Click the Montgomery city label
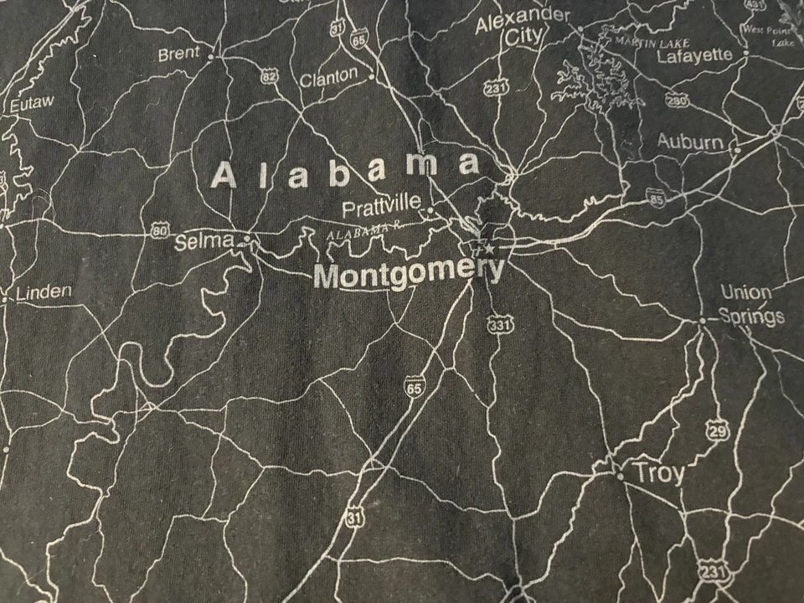(409, 274)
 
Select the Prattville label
(381, 205)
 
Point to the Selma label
(204, 242)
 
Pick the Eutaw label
(32, 103)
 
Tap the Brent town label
(178, 54)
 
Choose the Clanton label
(327, 78)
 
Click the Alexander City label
(523, 27)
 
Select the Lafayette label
(694, 56)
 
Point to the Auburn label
(690, 142)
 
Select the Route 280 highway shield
(677, 100)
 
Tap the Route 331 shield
(499, 324)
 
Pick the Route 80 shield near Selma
(161, 229)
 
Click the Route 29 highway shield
(718, 430)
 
